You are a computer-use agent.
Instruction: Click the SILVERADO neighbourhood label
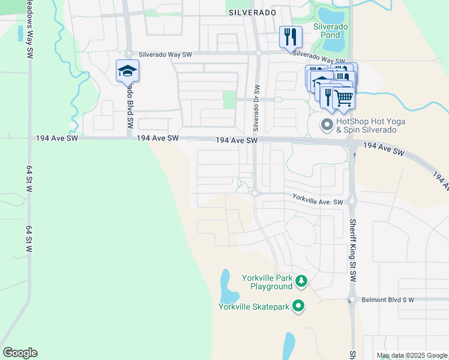click(x=252, y=12)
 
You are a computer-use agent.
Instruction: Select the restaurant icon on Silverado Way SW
click(x=289, y=37)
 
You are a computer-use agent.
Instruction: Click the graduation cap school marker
click(x=127, y=71)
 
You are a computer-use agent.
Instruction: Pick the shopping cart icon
click(x=344, y=97)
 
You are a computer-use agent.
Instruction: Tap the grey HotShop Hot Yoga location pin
click(x=327, y=125)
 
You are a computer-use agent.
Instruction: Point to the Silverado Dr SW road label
click(x=256, y=108)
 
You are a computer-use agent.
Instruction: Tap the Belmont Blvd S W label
click(x=389, y=299)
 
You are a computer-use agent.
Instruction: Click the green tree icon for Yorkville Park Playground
click(x=301, y=281)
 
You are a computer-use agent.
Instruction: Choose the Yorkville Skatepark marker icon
click(x=298, y=307)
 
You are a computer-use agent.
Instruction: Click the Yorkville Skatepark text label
click(x=254, y=307)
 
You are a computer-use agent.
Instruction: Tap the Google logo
click(x=20, y=353)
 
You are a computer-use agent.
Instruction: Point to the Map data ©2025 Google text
click(x=411, y=355)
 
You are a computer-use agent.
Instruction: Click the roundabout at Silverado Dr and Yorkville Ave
click(x=255, y=193)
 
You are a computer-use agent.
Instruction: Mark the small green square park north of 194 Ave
click(x=229, y=100)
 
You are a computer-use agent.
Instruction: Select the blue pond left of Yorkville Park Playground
click(x=226, y=286)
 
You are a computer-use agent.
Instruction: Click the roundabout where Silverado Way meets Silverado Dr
click(x=258, y=53)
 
